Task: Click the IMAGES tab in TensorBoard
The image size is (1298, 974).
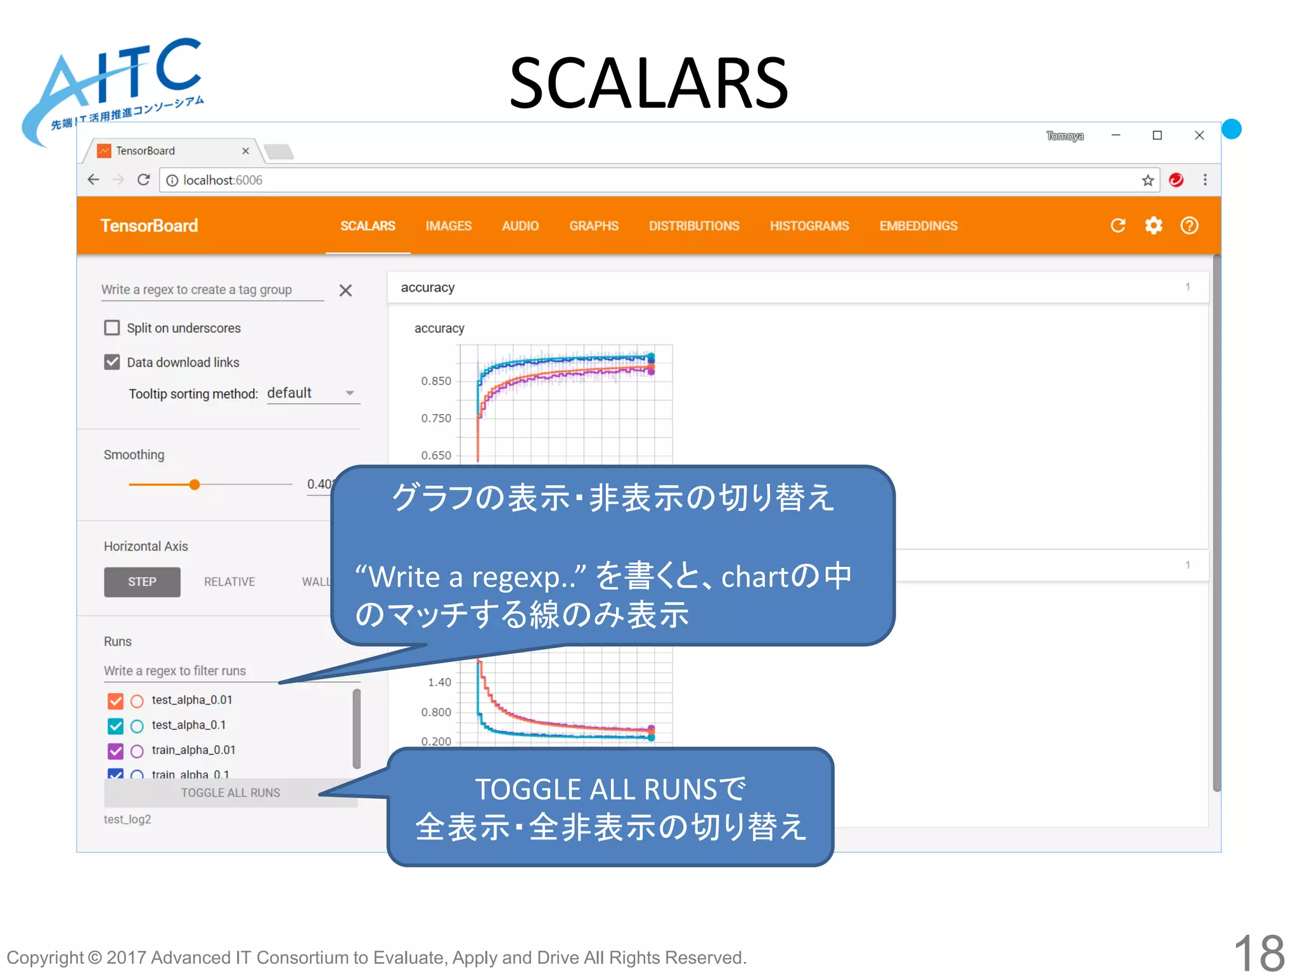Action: [x=448, y=226]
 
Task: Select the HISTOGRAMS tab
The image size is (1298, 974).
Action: [x=809, y=226]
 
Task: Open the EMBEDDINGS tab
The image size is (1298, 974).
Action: [x=918, y=226]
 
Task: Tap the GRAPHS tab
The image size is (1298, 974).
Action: [x=593, y=226]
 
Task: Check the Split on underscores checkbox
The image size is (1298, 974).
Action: [x=112, y=328]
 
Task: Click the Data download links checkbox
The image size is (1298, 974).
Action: [x=112, y=362]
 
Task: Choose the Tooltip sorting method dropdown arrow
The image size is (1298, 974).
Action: [x=350, y=393]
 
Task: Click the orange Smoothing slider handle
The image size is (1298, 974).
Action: [x=195, y=484]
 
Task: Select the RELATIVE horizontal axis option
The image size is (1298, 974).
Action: [x=229, y=581]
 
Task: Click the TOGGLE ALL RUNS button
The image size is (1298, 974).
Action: [x=231, y=793]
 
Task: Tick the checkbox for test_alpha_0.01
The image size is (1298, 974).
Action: [x=115, y=701]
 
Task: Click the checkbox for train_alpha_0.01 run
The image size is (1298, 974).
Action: [x=115, y=751]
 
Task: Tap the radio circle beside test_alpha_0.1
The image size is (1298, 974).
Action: [x=137, y=726]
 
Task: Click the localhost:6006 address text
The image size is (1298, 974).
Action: [x=222, y=180]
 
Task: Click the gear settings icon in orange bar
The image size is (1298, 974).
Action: [x=1153, y=226]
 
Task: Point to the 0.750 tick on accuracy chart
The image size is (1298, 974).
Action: [x=436, y=419]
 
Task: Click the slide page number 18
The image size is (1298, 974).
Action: [x=1259, y=951]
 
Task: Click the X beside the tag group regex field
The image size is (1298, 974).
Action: [x=345, y=290]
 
